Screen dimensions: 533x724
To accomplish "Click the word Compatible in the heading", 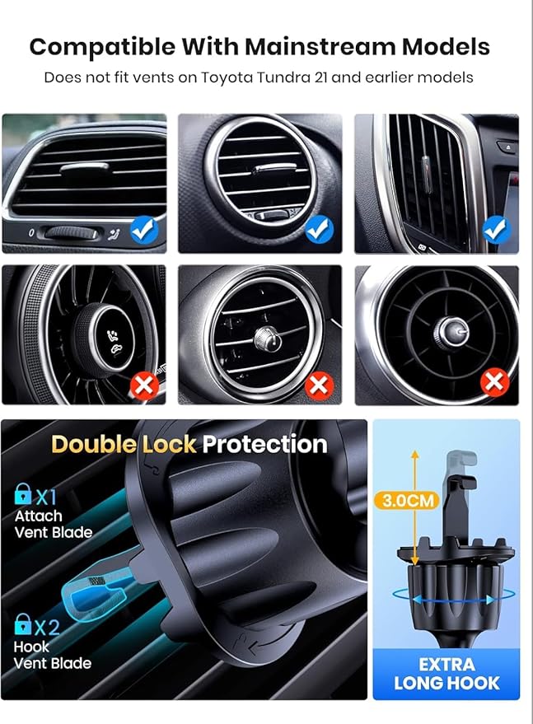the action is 102,47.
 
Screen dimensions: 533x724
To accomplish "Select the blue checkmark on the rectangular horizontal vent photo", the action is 144,230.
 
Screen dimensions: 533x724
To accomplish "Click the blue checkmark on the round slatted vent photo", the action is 319,230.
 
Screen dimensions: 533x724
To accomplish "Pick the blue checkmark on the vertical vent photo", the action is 496,230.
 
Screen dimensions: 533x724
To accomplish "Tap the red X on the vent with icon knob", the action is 144,385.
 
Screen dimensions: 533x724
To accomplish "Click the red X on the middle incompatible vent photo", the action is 319,385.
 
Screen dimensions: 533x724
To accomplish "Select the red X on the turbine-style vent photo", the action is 494,383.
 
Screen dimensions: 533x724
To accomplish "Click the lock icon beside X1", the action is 22,493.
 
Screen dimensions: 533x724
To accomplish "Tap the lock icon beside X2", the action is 22,624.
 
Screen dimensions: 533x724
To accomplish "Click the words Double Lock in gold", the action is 124,444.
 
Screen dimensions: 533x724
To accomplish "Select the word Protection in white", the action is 264,444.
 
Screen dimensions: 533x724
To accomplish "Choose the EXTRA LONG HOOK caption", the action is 447,674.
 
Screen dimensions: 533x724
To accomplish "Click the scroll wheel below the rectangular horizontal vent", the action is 71,233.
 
